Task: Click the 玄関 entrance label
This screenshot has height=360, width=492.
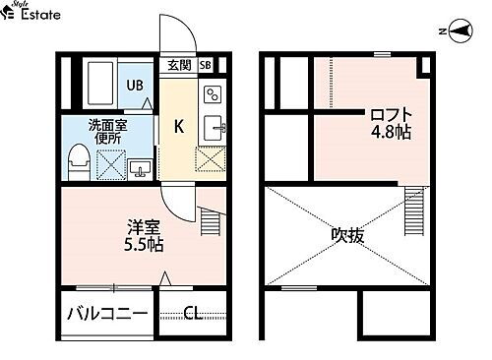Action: pos(178,66)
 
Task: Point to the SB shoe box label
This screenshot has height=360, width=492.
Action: pos(205,66)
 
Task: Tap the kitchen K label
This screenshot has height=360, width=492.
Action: pos(179,126)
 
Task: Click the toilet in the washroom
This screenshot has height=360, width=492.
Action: pos(79,161)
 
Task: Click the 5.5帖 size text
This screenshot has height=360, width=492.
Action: pos(144,245)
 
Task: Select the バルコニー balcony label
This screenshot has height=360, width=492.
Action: pos(107,315)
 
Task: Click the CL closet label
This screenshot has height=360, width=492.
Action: pos(193,315)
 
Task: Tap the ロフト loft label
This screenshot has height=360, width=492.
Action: pos(387,112)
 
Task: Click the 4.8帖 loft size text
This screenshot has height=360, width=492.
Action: pos(390,132)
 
